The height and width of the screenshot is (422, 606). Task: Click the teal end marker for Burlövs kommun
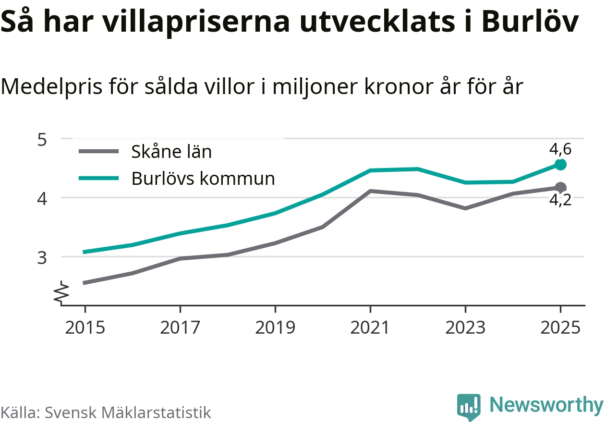(560, 164)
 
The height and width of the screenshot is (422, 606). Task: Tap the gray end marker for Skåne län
(560, 187)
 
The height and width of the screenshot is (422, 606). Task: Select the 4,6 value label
(560, 149)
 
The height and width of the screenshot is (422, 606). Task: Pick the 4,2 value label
(560, 201)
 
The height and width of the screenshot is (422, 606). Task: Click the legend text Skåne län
(171, 152)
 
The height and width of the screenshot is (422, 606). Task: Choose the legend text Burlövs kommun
(203, 179)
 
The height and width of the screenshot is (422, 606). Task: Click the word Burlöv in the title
(529, 22)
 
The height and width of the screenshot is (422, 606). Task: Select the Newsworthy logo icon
(468, 407)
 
